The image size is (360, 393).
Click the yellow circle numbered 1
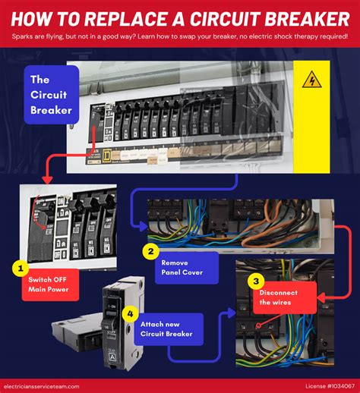point(21,268)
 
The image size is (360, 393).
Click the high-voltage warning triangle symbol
point(311,80)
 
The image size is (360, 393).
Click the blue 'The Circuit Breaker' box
point(50,96)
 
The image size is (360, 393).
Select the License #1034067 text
point(319,385)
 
